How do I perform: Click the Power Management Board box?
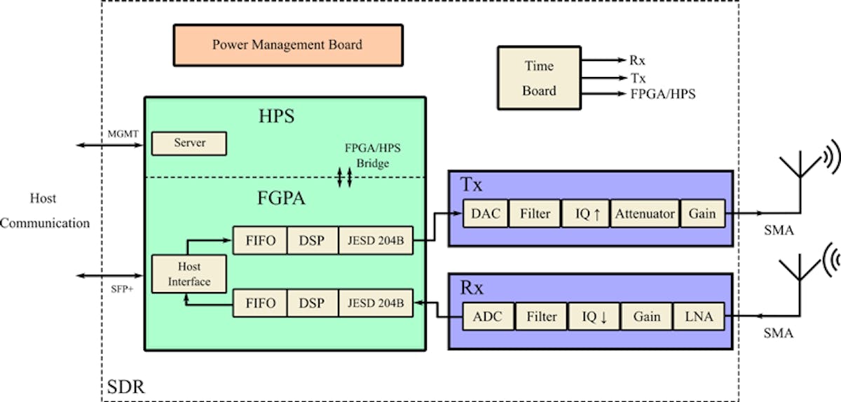tap(287, 45)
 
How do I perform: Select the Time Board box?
tap(539, 78)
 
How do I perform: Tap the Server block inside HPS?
tap(189, 143)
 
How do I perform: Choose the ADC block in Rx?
tap(488, 317)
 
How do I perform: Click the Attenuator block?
tap(644, 214)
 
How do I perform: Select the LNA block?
tap(699, 317)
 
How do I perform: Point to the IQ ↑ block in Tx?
tap(585, 214)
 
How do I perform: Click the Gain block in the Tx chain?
tap(702, 214)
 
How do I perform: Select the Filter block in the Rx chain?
tap(542, 317)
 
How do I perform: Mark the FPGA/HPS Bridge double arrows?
tap(343, 177)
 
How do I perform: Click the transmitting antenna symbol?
tap(801, 172)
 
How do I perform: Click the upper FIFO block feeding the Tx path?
tap(260, 241)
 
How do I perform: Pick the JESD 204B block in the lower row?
tap(376, 303)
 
